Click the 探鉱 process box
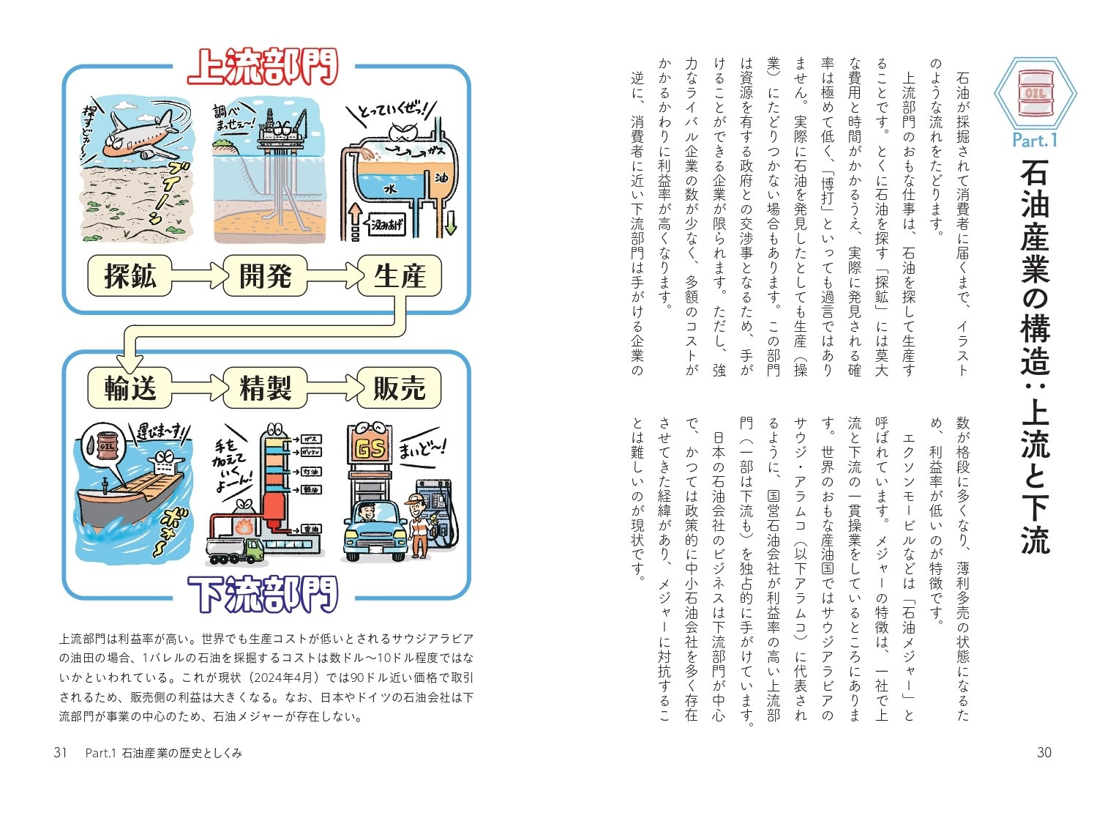[130, 276]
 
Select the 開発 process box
[265, 276]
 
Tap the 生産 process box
[400, 276]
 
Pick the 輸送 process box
[130, 387]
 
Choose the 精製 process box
[265, 387]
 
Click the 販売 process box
[400, 387]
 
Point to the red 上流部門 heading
[263, 67]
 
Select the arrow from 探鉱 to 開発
[197, 276]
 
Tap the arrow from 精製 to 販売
[331, 387]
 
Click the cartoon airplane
[139, 133]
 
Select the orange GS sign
[370, 448]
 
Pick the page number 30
[1044, 752]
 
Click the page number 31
[60, 752]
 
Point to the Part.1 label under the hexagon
[1035, 139]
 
